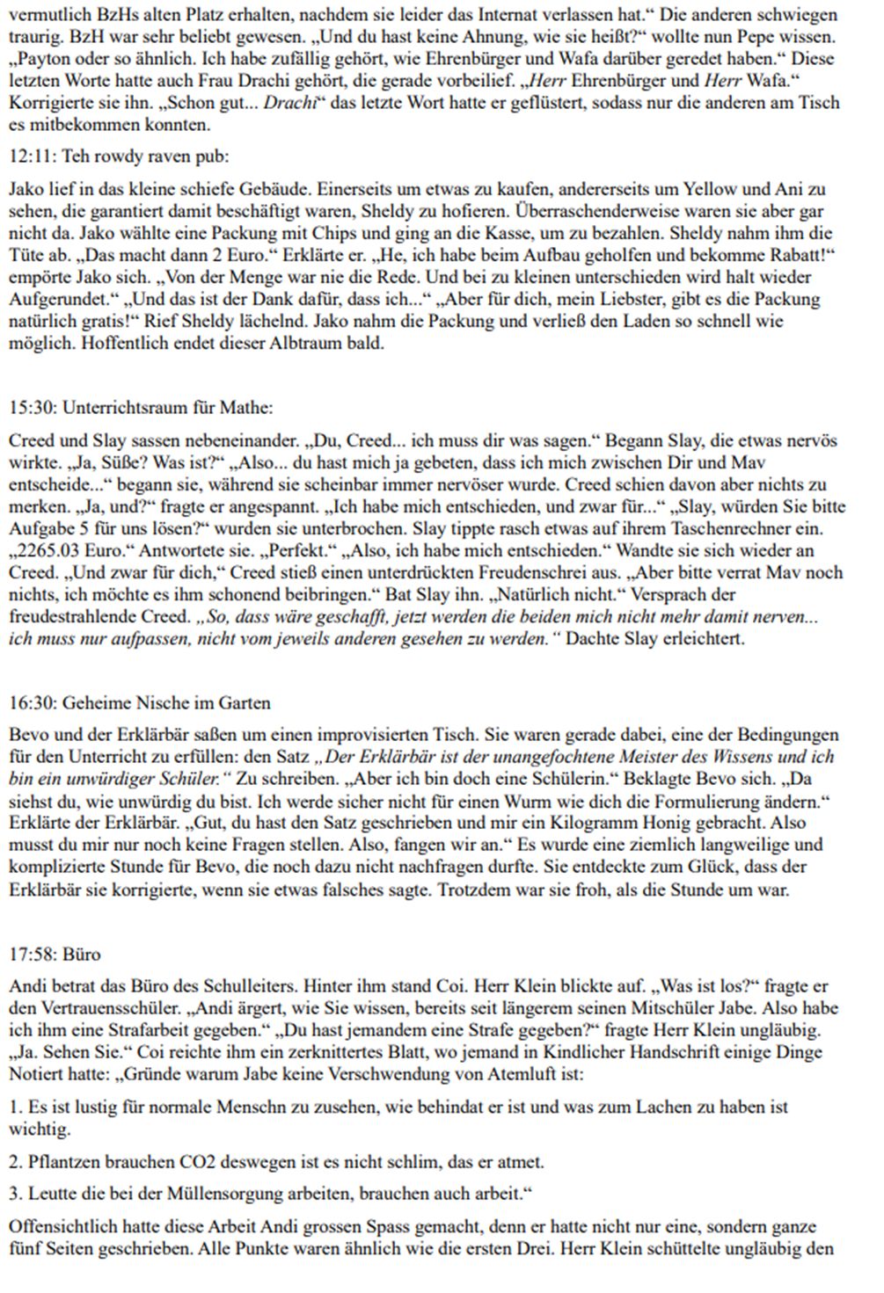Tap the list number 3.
[x=14, y=1194]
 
